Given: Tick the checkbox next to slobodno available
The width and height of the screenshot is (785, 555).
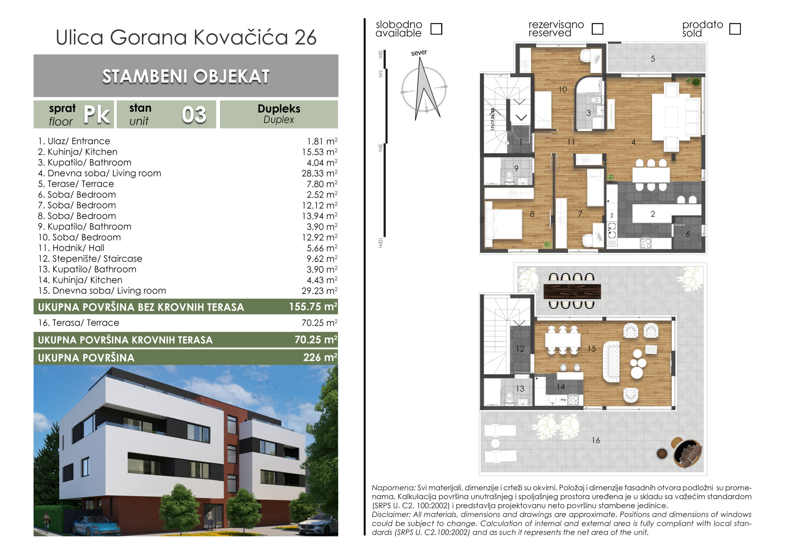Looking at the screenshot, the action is coord(436,29).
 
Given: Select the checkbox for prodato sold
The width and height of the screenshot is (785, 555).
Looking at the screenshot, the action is coord(735,29).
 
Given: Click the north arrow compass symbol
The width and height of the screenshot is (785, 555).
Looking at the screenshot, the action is coord(424,88).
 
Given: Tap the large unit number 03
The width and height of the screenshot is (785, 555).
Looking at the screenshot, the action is coord(194,115).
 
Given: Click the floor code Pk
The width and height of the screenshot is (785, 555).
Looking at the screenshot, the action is coord(97,115).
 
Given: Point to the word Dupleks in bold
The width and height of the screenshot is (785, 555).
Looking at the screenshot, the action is coord(279,109).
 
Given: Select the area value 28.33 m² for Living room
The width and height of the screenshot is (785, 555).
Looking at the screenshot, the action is coord(319,173).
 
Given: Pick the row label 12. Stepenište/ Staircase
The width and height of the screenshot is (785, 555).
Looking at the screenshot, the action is coord(90,258).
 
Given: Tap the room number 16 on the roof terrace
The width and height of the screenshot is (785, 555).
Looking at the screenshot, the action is coord(595,440).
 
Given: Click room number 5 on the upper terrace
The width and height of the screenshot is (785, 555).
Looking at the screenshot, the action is coord(653,59).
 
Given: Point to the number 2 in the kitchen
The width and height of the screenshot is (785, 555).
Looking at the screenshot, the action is coord(653,214).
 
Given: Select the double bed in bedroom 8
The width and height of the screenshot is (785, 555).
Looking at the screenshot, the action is coord(504,224).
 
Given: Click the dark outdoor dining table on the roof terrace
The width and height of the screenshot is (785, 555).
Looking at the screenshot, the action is coord(572,291).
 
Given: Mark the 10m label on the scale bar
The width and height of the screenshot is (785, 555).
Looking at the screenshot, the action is coord(381,243).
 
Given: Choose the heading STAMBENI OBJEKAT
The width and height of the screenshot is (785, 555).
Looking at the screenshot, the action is coord(186,76).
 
